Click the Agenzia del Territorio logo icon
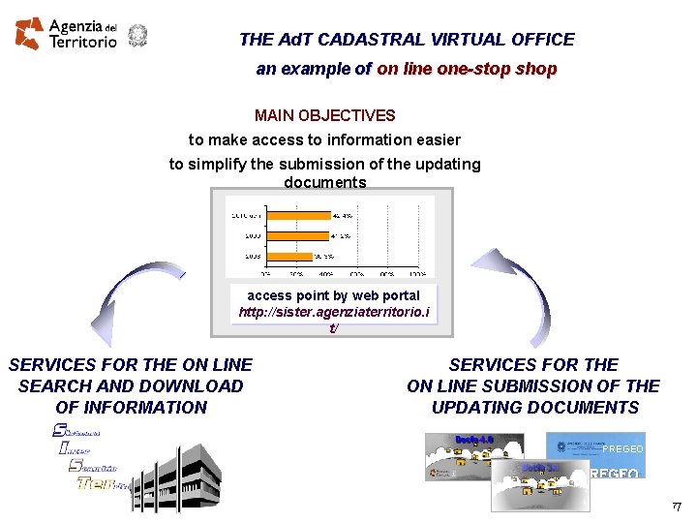coord(29,33)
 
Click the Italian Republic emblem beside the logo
coord(137,35)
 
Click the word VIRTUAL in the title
coord(443,40)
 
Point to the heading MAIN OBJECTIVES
coord(324,115)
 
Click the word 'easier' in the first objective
coord(436,140)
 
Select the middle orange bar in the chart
coord(297,235)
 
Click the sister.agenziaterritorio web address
coord(334,313)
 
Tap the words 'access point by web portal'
coord(334,295)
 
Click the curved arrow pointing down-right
coord(523,291)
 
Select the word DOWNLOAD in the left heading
coord(197,385)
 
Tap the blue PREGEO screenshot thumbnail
coord(594,446)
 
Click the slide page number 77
coord(677,508)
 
